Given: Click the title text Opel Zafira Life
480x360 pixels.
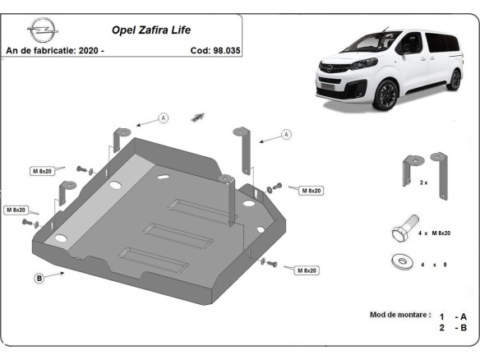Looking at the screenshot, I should [150, 30].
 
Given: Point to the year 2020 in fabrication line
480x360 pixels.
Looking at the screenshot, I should [88, 50].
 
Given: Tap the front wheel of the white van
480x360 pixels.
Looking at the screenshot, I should [385, 94].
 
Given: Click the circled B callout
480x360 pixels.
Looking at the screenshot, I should [39, 279].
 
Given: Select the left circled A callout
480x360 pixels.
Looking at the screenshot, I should [163, 118].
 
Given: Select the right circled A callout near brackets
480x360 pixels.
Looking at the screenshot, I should [286, 134].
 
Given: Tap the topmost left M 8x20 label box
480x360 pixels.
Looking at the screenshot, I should [42, 171].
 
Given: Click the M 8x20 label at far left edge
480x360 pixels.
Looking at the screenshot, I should [16, 210].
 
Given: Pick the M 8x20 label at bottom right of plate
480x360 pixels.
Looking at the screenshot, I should [305, 270].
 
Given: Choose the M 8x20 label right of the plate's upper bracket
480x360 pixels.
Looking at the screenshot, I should [310, 190].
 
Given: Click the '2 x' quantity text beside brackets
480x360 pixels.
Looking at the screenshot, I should [423, 182].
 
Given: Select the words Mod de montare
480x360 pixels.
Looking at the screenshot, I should [399, 316].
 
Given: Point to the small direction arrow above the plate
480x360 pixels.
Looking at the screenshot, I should [197, 118].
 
